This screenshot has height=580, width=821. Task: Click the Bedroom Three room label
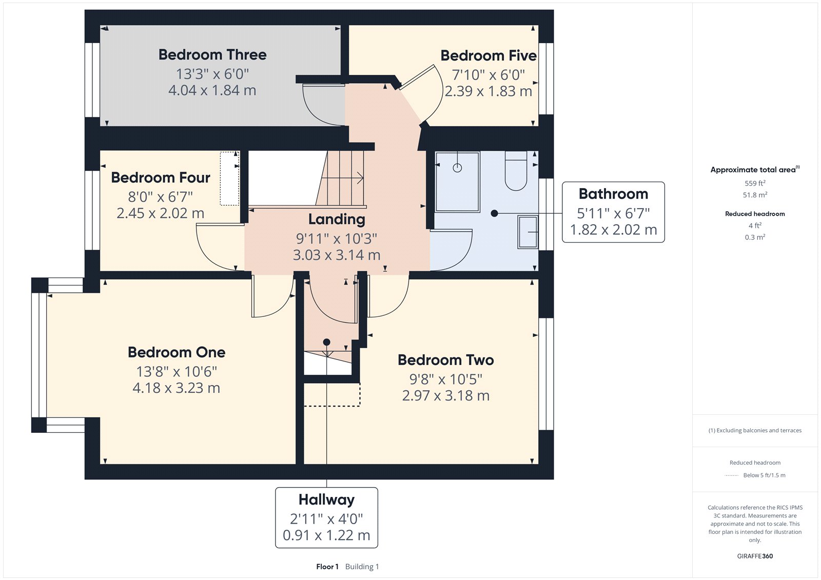(212, 55)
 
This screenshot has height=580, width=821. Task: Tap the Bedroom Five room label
(488, 56)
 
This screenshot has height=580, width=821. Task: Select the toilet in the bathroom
(516, 172)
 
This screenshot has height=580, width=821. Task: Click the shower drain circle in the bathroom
(457, 168)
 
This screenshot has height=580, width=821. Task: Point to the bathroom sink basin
(527, 232)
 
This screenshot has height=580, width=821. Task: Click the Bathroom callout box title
(613, 194)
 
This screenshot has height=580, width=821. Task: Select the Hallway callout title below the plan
(326, 499)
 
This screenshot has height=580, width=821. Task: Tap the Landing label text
(337, 219)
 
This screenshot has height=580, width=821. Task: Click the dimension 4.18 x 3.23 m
(176, 388)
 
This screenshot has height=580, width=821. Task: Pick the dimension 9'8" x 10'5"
(445, 379)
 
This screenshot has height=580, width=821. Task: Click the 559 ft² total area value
(755, 183)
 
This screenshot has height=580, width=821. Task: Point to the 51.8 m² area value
(755, 195)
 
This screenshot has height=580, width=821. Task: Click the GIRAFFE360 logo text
(755, 556)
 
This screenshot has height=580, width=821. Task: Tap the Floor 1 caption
(327, 567)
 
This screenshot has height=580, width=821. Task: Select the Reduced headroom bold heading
(755, 214)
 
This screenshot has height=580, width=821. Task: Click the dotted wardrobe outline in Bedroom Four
(229, 178)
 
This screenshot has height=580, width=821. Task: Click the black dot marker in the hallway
(326, 342)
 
